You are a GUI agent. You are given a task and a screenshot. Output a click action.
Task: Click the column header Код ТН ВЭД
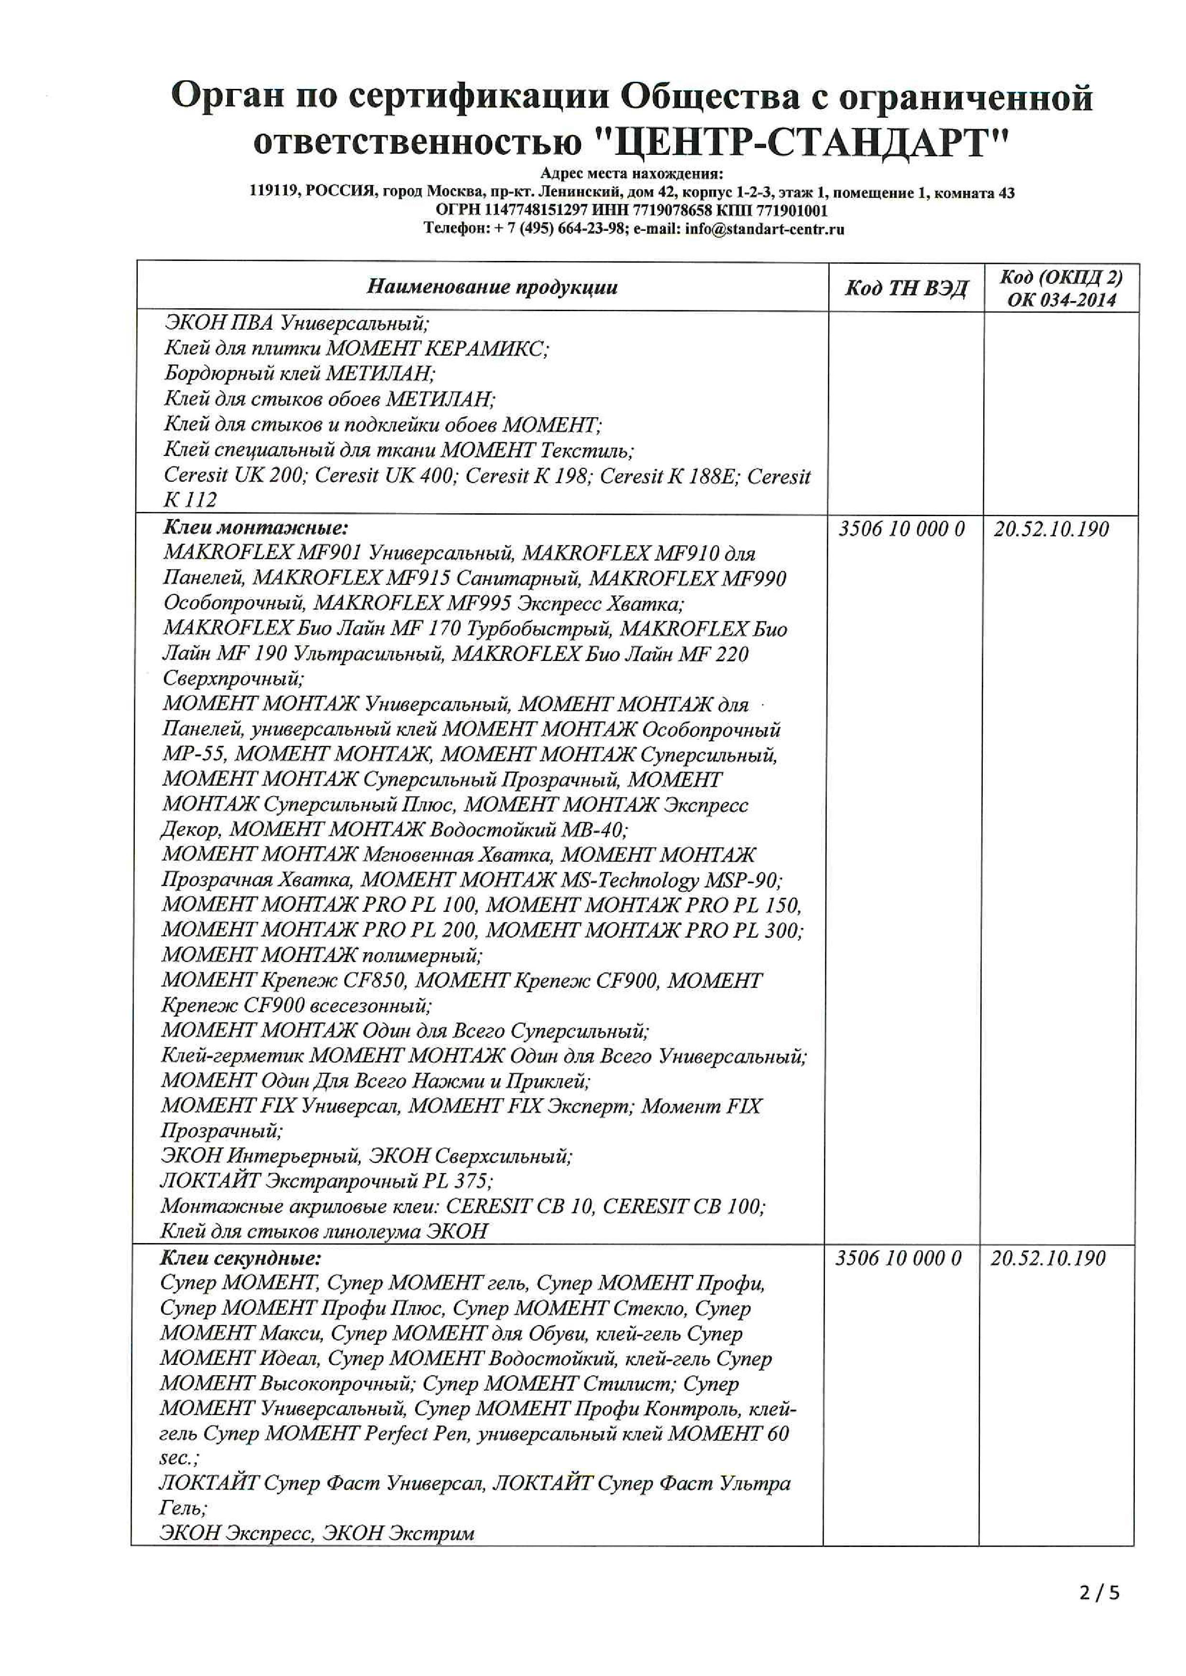coord(906,288)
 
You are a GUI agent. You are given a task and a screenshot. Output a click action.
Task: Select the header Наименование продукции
coord(492,287)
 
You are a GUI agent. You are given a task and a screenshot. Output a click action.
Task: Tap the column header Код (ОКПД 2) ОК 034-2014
coord(1061,288)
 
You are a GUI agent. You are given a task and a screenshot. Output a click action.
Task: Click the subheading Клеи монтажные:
coord(255,527)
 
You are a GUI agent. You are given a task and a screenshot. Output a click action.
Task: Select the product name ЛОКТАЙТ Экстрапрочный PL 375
coord(326,1180)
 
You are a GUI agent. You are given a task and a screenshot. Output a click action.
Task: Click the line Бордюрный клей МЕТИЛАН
coord(299,373)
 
